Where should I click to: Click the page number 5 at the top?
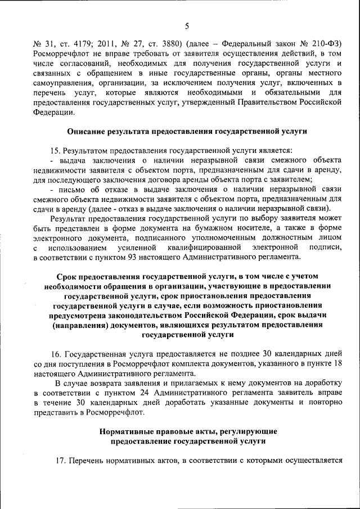coord(187,25)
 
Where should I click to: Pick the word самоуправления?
coord(62,82)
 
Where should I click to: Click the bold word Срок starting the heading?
coord(67,277)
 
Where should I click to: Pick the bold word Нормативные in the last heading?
coord(126,431)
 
